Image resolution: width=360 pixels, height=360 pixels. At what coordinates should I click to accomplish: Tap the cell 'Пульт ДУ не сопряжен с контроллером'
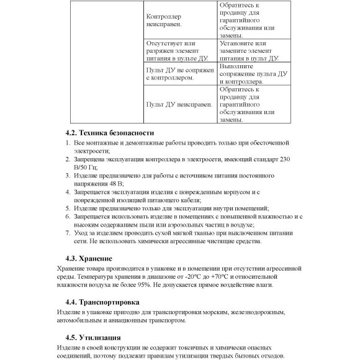click(x=180, y=74)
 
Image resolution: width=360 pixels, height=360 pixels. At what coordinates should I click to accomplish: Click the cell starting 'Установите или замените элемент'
click(x=248, y=51)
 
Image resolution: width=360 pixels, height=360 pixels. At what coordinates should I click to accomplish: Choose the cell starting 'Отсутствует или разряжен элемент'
click(x=180, y=51)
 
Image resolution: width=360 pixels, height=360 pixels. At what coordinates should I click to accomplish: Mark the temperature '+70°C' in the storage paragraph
click(x=225, y=276)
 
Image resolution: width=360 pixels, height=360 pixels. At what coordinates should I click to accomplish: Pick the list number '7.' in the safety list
click(x=69, y=232)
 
